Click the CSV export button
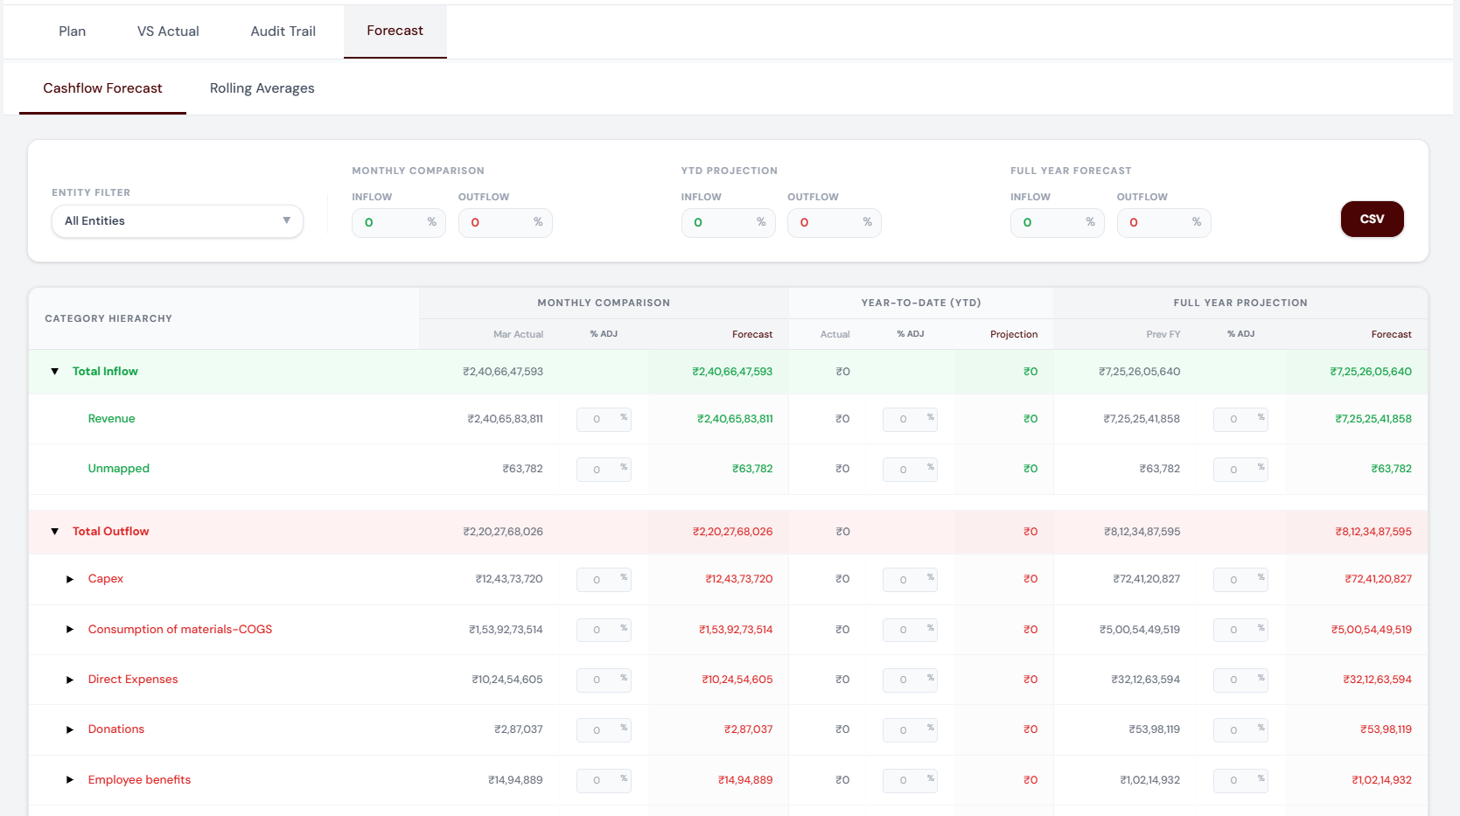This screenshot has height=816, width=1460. tap(1372, 219)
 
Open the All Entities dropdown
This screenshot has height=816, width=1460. tap(178, 221)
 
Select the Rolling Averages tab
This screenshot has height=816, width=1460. tap(262, 88)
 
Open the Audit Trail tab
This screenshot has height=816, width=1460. tap(283, 31)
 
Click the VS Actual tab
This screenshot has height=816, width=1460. tap(168, 31)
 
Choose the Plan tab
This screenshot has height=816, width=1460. tap(72, 31)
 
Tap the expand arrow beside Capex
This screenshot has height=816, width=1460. tap(70, 579)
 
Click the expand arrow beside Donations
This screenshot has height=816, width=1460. tap(70, 729)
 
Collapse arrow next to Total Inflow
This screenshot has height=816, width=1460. tap(55, 372)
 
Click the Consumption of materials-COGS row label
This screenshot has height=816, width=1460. tap(180, 629)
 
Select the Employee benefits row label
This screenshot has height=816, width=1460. tap(139, 779)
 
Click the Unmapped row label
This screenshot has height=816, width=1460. tap(119, 468)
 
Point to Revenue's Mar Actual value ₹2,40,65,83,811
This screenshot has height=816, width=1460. tap(505, 419)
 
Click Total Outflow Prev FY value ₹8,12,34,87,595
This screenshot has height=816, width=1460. tap(1142, 532)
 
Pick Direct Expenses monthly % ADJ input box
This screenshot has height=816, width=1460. tap(597, 680)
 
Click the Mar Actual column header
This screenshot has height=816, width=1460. tap(518, 334)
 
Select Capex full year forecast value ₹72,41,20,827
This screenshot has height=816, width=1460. tap(1378, 579)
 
